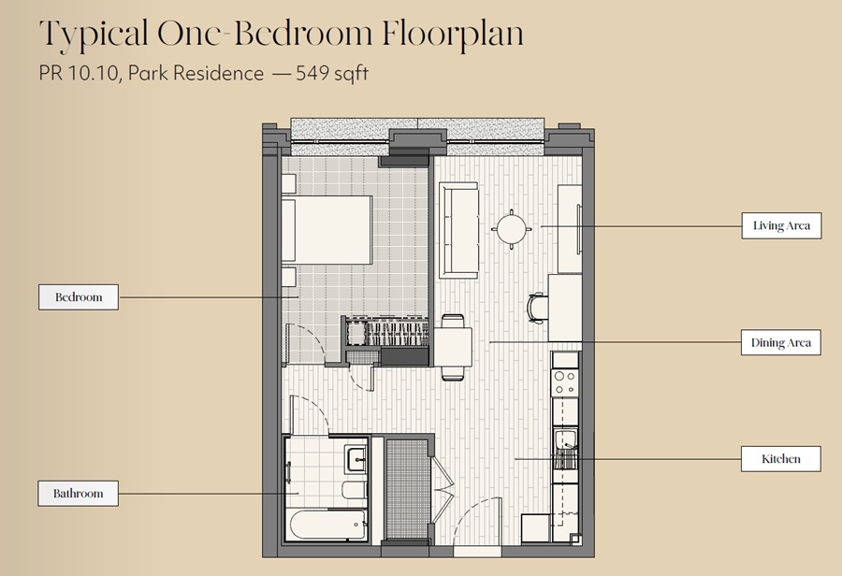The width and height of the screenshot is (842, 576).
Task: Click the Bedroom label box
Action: tap(79, 296)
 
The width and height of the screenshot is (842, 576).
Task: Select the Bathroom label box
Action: tap(78, 494)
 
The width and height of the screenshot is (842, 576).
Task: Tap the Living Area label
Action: tap(781, 225)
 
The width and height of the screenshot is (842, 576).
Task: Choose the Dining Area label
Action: tap(781, 342)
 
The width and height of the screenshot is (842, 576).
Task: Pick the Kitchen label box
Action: tap(781, 459)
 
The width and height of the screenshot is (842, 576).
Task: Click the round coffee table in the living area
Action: tap(511, 229)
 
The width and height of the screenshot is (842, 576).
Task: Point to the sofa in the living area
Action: tap(458, 230)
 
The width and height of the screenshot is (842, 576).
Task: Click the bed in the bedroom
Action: tap(327, 230)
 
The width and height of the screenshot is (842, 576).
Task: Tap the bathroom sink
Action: tap(357, 459)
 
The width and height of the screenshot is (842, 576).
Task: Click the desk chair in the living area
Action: tap(536, 309)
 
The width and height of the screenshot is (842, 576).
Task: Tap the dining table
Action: tap(453, 347)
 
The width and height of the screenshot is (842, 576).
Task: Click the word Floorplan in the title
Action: tap(453, 34)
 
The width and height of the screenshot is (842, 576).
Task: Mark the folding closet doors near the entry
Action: tap(443, 488)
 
